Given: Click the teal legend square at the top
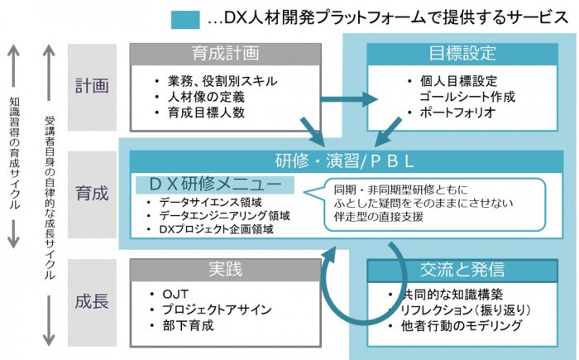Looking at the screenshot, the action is pyautogui.click(x=185, y=20).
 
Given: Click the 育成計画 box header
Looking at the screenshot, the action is pyautogui.click(x=225, y=55).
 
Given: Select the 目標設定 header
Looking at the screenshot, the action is pyautogui.click(x=462, y=55).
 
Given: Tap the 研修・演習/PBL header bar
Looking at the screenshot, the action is pyautogui.click(x=347, y=161).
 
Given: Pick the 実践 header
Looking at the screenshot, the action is pyautogui.click(x=225, y=270).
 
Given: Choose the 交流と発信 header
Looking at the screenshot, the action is pyautogui.click(x=462, y=270).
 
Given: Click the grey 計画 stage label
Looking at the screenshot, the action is pyautogui.click(x=92, y=87).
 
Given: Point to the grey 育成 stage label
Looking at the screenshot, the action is pyautogui.click(x=92, y=194).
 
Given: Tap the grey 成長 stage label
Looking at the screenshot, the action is pyautogui.click(x=92, y=302).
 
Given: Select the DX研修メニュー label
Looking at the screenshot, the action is pyautogui.click(x=215, y=185).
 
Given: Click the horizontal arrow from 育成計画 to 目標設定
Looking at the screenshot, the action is pyautogui.click(x=349, y=99).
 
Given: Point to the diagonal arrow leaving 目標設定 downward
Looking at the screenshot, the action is pyautogui.click(x=387, y=132).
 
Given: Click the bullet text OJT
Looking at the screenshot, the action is pyautogui.click(x=175, y=295).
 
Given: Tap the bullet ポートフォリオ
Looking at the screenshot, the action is pyautogui.click(x=457, y=113).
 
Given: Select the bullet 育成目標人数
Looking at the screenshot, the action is pyautogui.click(x=206, y=113).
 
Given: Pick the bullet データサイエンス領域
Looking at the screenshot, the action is pyautogui.click(x=210, y=202).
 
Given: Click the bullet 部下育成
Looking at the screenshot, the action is pyautogui.click(x=188, y=325).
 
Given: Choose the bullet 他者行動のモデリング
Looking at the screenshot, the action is pyautogui.click(x=462, y=325).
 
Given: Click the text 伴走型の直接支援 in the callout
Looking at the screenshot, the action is pyautogui.click(x=379, y=217).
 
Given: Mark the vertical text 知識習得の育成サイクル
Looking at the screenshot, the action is pyautogui.click(x=14, y=153).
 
